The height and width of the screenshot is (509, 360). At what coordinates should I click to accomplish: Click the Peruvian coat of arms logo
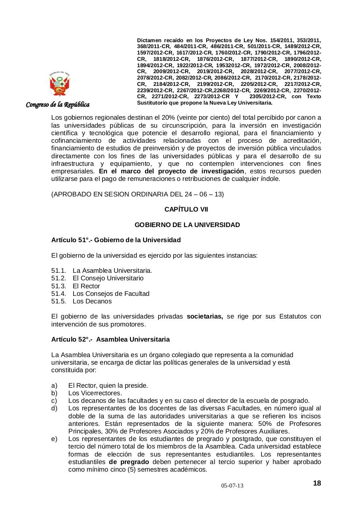pyautogui.click(x=60, y=84)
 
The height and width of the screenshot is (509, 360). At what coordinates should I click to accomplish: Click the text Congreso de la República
pyautogui.click(x=58, y=105)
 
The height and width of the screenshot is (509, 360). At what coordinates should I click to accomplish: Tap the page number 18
pyautogui.click(x=317, y=483)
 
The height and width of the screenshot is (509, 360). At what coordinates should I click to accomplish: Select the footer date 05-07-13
pyautogui.click(x=232, y=486)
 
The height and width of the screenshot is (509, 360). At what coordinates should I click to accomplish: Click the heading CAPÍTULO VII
pyautogui.click(x=186, y=209)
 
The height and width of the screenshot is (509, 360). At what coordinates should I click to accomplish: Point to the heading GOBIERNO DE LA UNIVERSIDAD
pyautogui.click(x=187, y=225)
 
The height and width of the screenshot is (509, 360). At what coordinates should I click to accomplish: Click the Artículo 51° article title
pyautogui.click(x=116, y=240)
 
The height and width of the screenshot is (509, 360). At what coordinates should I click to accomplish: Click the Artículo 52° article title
pyautogui.click(x=110, y=339)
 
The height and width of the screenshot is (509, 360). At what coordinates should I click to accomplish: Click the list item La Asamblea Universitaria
pyautogui.click(x=112, y=271)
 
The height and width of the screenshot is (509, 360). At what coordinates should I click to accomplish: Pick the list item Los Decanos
pyautogui.click(x=92, y=301)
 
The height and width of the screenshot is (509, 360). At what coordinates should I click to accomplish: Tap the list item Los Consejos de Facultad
pyautogui.click(x=111, y=293)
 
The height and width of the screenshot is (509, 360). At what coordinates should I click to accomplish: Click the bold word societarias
pyautogui.click(x=205, y=317)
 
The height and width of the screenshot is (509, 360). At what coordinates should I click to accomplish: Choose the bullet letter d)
pyautogui.click(x=54, y=408)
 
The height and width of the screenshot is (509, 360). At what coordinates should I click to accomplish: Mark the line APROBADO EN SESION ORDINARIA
pyautogui.click(x=137, y=194)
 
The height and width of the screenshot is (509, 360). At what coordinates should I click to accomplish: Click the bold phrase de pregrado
pyautogui.click(x=129, y=462)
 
